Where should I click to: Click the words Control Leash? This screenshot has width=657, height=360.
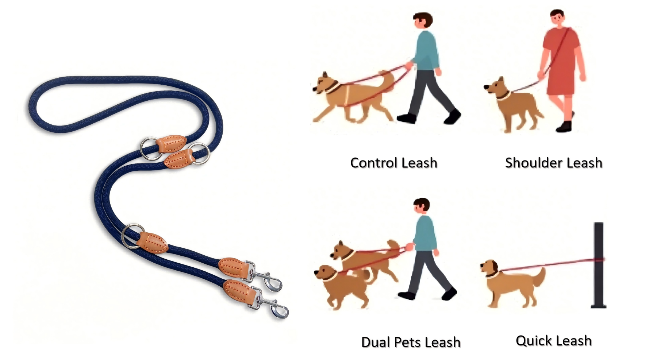(393, 163)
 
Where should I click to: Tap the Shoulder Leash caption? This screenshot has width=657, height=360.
(553, 163)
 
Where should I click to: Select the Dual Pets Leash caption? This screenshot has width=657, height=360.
(411, 342)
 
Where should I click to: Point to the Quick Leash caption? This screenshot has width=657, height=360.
(553, 341)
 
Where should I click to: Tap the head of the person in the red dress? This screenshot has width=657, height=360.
(556, 19)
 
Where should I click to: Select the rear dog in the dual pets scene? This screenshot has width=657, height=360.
(365, 259)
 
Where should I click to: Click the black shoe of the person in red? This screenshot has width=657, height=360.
(564, 126)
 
